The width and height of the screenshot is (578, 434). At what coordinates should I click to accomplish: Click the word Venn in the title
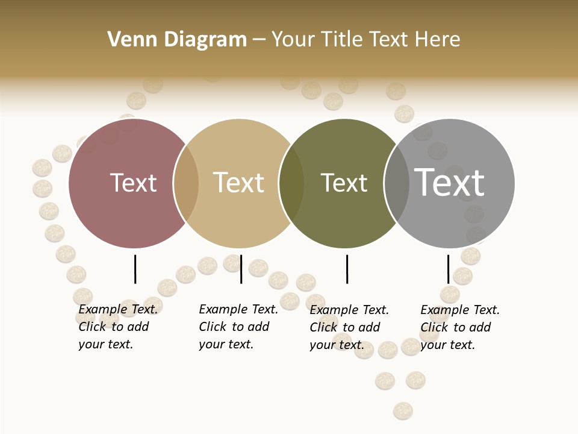[128, 40]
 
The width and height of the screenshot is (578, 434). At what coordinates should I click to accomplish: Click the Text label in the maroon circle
[133, 183]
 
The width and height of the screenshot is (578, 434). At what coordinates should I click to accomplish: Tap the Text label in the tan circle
[239, 183]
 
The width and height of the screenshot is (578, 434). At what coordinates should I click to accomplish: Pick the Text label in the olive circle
[344, 183]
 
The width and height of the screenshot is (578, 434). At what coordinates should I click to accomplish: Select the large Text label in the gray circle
[449, 182]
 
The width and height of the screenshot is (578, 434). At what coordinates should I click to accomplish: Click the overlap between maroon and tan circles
[186, 183]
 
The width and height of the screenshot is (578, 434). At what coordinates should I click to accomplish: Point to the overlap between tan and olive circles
[291, 183]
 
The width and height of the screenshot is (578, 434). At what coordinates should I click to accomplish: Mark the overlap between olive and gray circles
[396, 183]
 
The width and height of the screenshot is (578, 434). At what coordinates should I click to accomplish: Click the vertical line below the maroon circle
[135, 269]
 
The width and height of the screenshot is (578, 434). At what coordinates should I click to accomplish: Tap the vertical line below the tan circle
[241, 269]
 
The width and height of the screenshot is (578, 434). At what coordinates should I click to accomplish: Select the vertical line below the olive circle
[347, 269]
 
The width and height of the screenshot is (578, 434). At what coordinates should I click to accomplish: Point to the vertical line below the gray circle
[448, 269]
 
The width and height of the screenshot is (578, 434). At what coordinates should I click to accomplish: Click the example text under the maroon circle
[117, 327]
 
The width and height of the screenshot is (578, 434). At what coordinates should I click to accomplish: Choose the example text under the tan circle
[238, 327]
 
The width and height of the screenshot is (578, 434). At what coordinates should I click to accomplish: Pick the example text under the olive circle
[349, 327]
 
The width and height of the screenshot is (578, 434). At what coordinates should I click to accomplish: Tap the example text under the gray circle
[459, 327]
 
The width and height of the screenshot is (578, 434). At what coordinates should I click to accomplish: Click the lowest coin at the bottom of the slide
[403, 411]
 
